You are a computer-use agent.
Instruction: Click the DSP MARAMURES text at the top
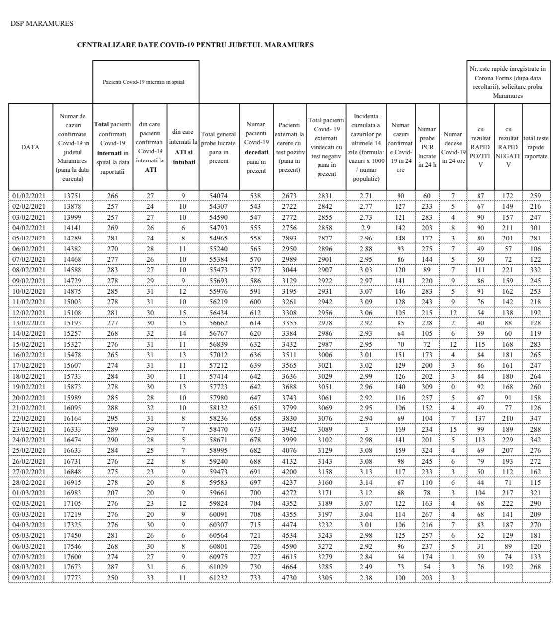[42, 23]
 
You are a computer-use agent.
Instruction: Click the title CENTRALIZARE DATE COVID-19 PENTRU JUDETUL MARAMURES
[195, 45]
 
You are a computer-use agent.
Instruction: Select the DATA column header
[30, 147]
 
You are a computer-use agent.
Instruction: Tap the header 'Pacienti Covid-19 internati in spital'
[144, 82]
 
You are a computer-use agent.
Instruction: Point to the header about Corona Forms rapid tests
[507, 82]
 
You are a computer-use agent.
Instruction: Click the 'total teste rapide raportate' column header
[536, 147]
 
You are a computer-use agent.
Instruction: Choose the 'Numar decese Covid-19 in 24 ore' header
[453, 147]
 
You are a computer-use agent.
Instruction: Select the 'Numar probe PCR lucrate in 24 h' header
[427, 147]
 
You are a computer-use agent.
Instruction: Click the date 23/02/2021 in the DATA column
[29, 429]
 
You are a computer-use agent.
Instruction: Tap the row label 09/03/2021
[29, 578]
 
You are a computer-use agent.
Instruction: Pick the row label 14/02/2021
[29, 334]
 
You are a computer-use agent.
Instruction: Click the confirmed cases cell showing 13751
[73, 196]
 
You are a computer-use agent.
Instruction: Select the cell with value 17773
[73, 578]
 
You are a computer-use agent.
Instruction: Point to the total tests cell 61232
[219, 578]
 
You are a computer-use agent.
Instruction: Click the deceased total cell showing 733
[255, 578]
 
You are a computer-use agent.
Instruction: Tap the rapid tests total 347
[536, 419]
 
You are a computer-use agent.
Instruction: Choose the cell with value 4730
[289, 578]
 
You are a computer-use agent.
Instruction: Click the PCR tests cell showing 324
[427, 451]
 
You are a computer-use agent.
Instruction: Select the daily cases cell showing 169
[400, 429]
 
